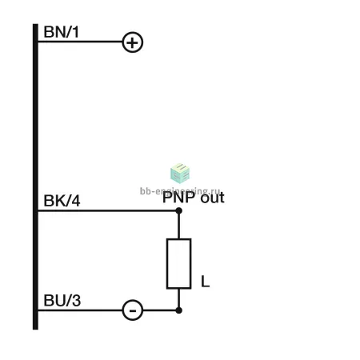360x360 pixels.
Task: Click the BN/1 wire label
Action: click(61, 32)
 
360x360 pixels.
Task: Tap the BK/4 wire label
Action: click(62, 201)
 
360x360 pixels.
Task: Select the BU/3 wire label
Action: click(62, 301)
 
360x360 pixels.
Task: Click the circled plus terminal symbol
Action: click(133, 42)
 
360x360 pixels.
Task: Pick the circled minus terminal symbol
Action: click(133, 310)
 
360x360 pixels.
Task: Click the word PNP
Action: click(178, 198)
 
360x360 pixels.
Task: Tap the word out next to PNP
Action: click(213, 198)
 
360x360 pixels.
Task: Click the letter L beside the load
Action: click(205, 282)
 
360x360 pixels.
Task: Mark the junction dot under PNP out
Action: click(179, 210)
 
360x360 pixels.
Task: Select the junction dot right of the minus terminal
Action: click(179, 310)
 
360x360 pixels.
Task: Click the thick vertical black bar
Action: click(35, 177)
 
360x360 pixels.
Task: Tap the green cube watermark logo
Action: click(180, 174)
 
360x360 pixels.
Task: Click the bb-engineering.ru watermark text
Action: click(180, 191)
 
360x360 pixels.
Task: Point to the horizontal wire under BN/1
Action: click(80, 42)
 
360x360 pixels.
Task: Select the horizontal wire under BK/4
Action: click(107, 210)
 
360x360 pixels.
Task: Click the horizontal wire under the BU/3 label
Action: click(80, 310)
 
